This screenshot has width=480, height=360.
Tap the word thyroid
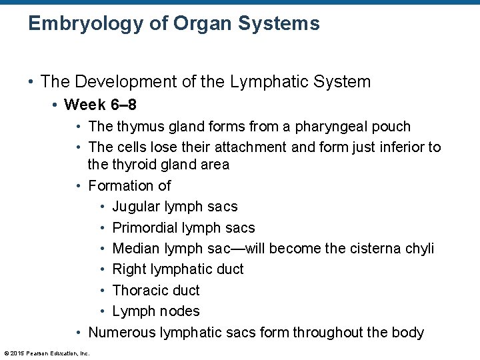click(x=136, y=164)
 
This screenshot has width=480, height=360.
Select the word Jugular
click(x=137, y=207)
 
